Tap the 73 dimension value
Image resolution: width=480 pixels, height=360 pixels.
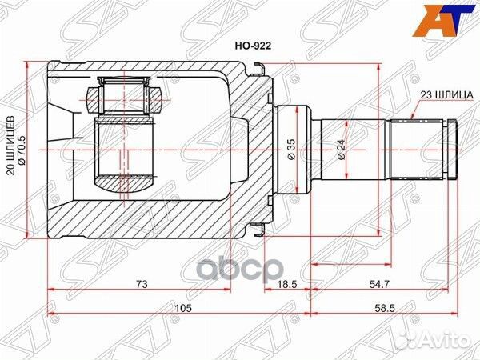point(140,284)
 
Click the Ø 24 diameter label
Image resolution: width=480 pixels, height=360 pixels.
point(342,150)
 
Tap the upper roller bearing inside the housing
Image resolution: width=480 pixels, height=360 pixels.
point(125,97)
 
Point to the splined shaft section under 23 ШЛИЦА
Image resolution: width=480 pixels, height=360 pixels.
point(416,150)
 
